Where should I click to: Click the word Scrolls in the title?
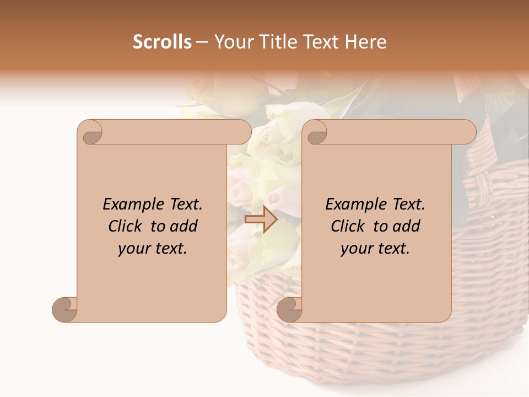tap(162, 42)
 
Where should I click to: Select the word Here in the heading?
tap(365, 42)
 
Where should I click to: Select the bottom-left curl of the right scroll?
tap(290, 309)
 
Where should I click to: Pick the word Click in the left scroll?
tap(125, 226)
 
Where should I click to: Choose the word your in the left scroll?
tap(133, 249)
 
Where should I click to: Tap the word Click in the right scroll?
tap(347, 226)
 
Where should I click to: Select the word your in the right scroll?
tap(355, 249)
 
